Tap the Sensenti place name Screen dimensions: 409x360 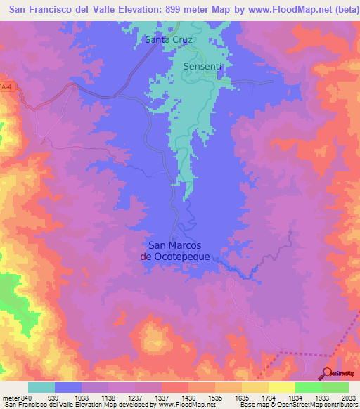203,66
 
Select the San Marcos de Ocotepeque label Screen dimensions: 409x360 175,251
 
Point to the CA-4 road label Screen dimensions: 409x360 6,86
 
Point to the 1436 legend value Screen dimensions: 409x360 188,398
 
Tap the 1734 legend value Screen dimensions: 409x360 268,398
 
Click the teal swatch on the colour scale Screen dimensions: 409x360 41,387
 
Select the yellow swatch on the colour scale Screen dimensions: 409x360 281,387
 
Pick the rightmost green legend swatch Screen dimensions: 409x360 335,387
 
